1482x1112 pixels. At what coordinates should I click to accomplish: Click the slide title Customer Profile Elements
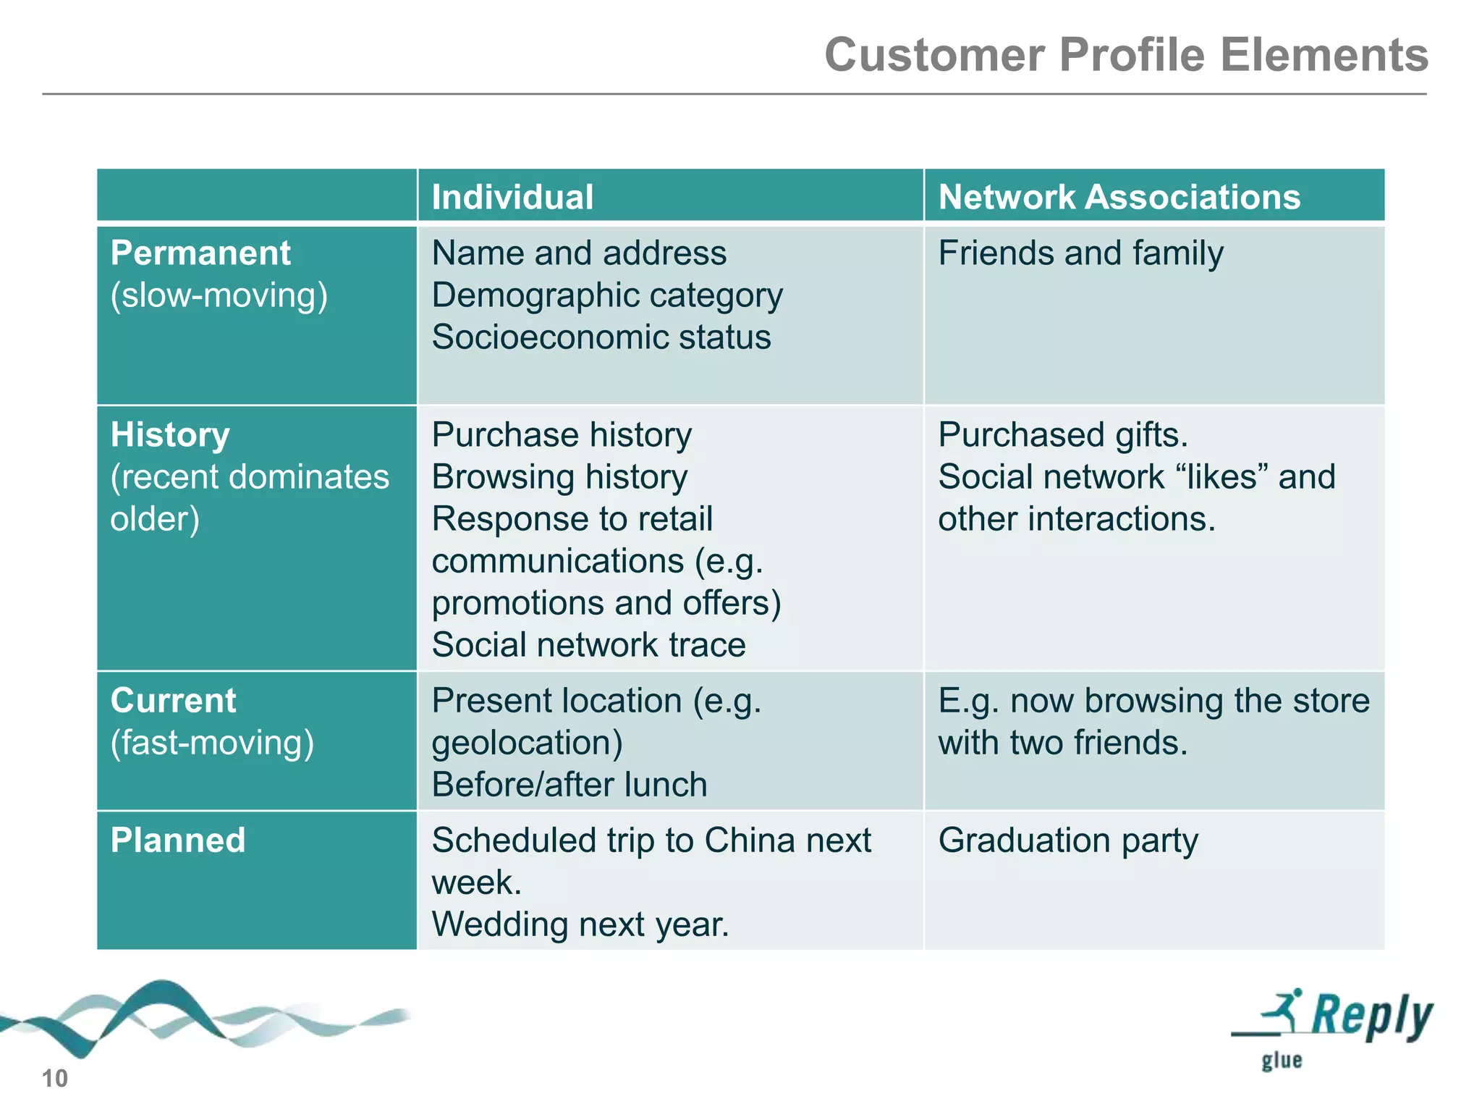pos(1126,55)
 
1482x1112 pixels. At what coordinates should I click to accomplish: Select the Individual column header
pos(512,197)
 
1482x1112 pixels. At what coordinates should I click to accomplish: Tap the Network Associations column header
pos(1119,197)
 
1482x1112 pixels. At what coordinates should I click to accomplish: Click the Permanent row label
pos(200,253)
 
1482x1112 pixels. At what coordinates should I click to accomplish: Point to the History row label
pos(170,435)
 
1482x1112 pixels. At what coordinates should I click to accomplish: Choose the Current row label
pos(173,701)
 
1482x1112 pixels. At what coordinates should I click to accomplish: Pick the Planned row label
pos(178,841)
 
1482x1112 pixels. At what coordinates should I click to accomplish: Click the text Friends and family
pos(1080,253)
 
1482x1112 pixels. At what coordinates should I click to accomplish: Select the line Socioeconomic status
pos(601,337)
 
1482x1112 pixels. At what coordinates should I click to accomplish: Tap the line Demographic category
pos(607,295)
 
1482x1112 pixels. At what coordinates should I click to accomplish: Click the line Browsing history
pos(559,477)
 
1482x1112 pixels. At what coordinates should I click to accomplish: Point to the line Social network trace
pos(588,645)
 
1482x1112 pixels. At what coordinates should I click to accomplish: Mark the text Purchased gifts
pos(1063,435)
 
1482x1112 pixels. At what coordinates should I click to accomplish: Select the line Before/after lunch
pos(569,785)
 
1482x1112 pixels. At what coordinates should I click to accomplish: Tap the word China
pos(750,841)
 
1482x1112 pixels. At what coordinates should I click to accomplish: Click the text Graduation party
pos(1068,841)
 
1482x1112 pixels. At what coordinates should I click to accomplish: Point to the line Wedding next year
pos(580,924)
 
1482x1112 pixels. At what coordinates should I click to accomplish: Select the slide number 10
pos(54,1079)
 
